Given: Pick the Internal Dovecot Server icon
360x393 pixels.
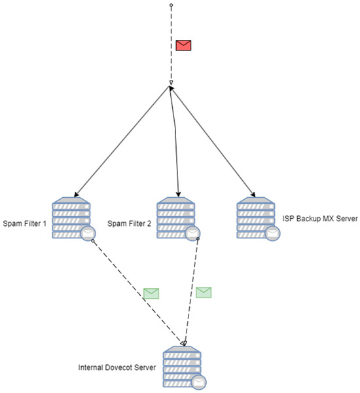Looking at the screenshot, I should [x=182, y=367].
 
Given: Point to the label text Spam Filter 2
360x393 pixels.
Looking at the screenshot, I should [x=129, y=223].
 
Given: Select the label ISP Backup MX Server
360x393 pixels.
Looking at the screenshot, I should [x=320, y=218].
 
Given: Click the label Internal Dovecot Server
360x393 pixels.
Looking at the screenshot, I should [x=116, y=367].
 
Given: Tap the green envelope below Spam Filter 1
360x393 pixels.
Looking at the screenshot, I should [x=151, y=293].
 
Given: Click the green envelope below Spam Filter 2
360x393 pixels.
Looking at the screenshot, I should [x=204, y=292].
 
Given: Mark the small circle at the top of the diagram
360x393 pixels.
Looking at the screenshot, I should [x=171, y=5].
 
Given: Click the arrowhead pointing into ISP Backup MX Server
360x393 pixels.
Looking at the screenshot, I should [x=253, y=195].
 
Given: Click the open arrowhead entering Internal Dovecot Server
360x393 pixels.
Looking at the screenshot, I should [x=184, y=343].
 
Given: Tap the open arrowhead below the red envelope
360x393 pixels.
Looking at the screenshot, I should [x=171, y=83].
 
